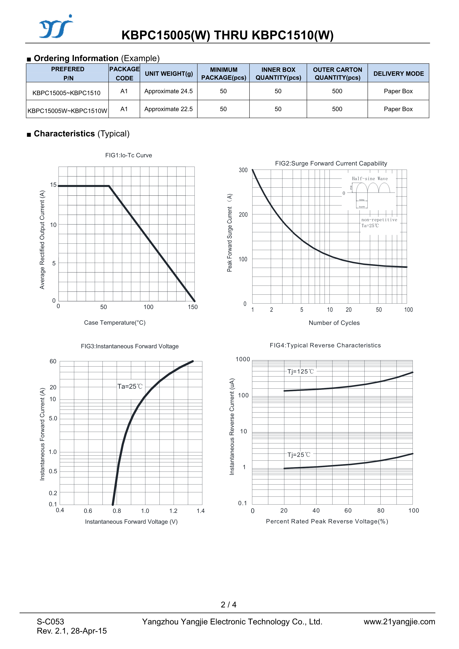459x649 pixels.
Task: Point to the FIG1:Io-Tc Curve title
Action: coord(128,155)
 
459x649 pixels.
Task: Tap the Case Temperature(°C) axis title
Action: coord(115,322)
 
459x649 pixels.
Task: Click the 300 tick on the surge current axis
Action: coord(243,170)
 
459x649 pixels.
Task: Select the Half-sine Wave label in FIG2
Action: coord(370,179)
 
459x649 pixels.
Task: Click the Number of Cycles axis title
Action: coord(334,323)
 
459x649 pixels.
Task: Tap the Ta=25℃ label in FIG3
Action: coord(130,386)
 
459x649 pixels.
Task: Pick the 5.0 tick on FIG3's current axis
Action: coord(53,418)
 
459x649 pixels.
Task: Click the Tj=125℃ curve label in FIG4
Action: coord(300,371)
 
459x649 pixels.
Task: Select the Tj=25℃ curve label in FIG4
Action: coord(299,455)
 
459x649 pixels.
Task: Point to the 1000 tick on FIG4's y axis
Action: coord(243,359)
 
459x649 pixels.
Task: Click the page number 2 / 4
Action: coord(229,605)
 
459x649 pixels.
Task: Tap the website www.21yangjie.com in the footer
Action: coord(399,622)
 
